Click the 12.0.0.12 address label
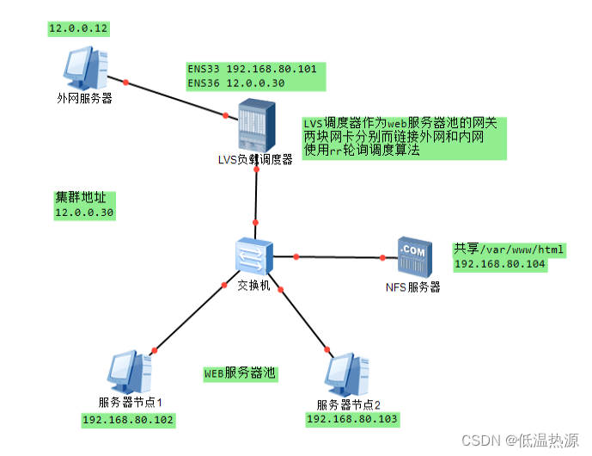[x=78, y=28]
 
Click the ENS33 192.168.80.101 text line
[x=252, y=68]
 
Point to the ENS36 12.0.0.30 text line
[x=235, y=83]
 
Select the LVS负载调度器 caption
[x=255, y=159]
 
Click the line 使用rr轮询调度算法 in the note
[x=362, y=150]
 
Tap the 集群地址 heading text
[x=74, y=197]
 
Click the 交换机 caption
[x=253, y=286]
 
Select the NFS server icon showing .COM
[x=412, y=256]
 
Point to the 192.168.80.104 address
[x=500, y=264]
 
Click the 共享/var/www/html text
[x=509, y=250]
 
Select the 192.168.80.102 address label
[x=128, y=421]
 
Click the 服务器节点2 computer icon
[x=346, y=374]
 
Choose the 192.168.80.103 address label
[x=352, y=418]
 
